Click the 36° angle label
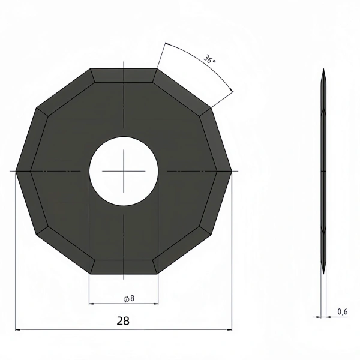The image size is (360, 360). (x=209, y=59)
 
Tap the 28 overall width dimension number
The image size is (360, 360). (x=123, y=321)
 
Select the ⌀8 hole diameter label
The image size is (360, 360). (x=129, y=299)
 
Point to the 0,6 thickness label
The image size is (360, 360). (x=343, y=311)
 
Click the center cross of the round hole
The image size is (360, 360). (x=124, y=171)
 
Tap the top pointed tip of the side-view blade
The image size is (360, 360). (x=323, y=68)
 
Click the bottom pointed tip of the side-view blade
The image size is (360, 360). (x=323, y=274)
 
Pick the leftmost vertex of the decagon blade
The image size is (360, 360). (x=16, y=171)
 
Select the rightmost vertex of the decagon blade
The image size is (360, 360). (x=232, y=171)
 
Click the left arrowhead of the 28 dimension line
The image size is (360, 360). (x=18, y=330)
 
